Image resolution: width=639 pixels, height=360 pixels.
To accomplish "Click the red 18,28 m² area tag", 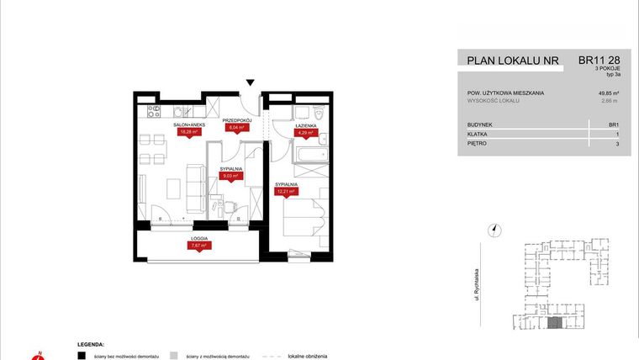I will pyautogui.click(x=189, y=132).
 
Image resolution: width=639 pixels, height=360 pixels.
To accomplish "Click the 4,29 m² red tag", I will pyautogui.click(x=304, y=132).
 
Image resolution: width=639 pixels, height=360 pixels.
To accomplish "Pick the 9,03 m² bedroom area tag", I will pyautogui.click(x=232, y=177).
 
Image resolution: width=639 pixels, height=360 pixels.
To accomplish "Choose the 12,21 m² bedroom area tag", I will pyautogui.click(x=284, y=191).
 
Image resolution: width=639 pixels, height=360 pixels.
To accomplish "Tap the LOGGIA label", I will pyautogui.click(x=198, y=238).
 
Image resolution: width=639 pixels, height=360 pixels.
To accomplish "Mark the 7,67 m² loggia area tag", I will pyautogui.click(x=198, y=246).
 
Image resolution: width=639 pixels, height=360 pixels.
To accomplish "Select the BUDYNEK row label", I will pyautogui.click(x=481, y=124).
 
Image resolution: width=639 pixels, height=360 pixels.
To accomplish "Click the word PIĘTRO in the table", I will pyautogui.click(x=478, y=144).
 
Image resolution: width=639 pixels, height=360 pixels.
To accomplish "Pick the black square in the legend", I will pyautogui.click(x=81, y=355).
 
